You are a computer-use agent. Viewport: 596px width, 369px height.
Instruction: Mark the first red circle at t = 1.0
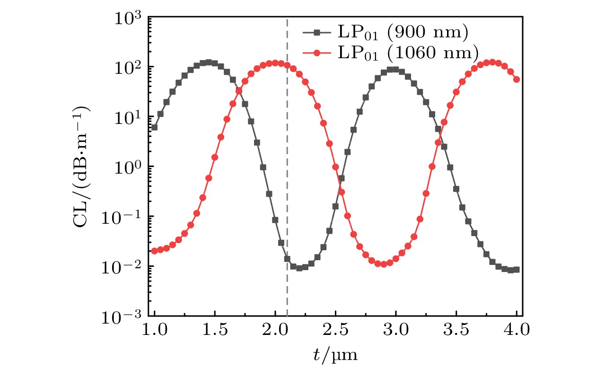pos(154,251)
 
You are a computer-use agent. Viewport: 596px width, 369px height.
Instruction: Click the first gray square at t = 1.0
pos(154,127)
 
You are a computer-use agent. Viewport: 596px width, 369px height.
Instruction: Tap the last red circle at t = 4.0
pos(517,79)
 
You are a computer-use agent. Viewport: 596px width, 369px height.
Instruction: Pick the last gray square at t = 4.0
pos(517,270)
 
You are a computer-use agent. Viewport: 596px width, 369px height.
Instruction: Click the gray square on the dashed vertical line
pos(287,259)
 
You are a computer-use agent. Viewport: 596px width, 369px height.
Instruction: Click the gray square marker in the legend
pos(317,33)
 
